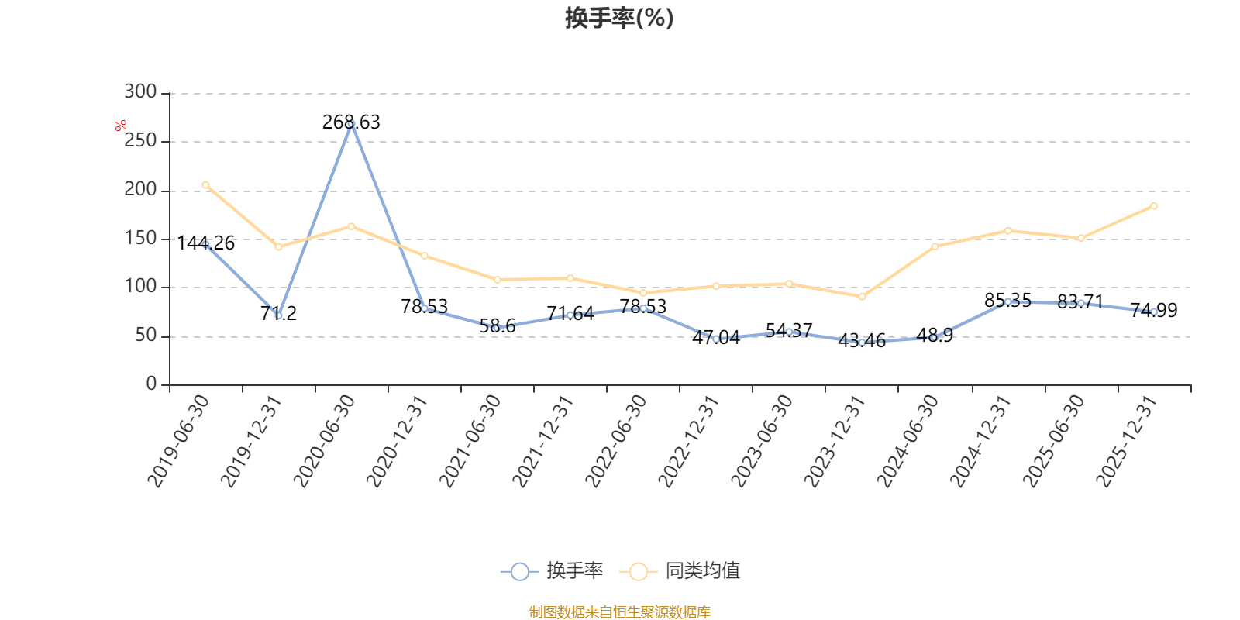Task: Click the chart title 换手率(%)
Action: pos(619,18)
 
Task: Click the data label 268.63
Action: pos(351,122)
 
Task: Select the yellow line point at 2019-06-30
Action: pos(205,185)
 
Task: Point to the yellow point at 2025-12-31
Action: pos(1154,206)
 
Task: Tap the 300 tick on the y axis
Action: pos(140,92)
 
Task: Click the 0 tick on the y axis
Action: pos(151,384)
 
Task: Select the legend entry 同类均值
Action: pos(682,571)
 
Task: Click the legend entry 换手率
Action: pos(553,571)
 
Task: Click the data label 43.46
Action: pos(862,341)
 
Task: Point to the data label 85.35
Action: pos(1007,301)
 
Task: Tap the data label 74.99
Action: pos(1154,311)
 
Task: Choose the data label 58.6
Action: pos(498,326)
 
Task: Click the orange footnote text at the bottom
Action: pos(619,612)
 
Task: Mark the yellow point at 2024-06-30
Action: pos(935,246)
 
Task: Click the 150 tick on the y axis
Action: pos(140,239)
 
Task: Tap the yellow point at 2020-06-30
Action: pos(351,226)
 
